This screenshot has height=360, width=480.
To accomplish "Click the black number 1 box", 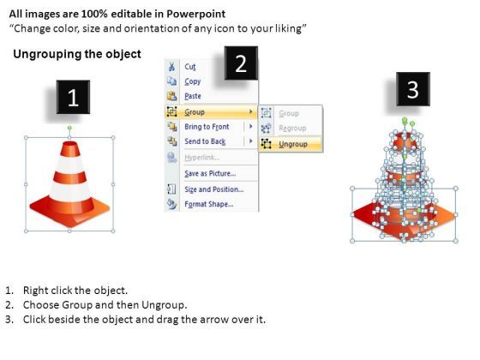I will coord(73,99).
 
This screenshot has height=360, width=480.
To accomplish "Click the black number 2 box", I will coord(241,63).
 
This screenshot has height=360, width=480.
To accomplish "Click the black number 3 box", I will coord(412,89).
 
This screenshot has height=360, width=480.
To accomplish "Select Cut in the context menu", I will coord(190,67).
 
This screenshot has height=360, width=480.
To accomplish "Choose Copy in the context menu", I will coord(192,81).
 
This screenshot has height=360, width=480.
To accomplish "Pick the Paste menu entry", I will coord(193,96).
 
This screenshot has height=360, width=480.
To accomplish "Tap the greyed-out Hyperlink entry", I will coord(202,158).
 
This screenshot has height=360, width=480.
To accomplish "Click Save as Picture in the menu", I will coord(210,173).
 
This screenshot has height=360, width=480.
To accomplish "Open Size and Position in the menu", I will coord(213,189).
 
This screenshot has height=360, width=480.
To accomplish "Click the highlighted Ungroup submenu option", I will coord(293,144).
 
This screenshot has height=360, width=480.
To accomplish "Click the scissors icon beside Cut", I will coord(171,67).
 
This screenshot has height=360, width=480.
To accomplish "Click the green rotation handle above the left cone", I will coord(69,129).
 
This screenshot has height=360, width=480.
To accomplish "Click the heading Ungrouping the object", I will coord(76,55).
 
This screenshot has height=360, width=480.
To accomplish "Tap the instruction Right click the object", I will coord(75,291).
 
